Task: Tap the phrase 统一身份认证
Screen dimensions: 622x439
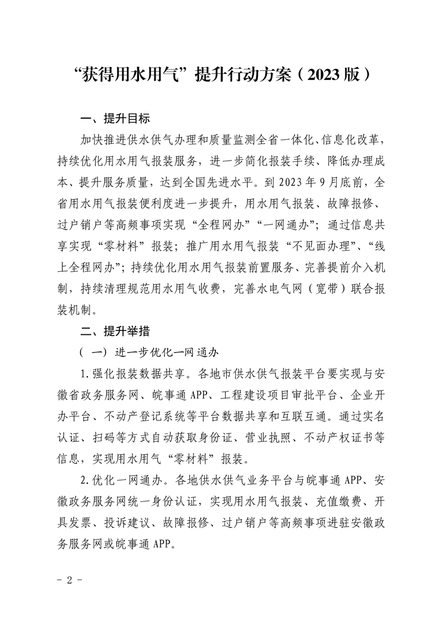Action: (175, 502)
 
